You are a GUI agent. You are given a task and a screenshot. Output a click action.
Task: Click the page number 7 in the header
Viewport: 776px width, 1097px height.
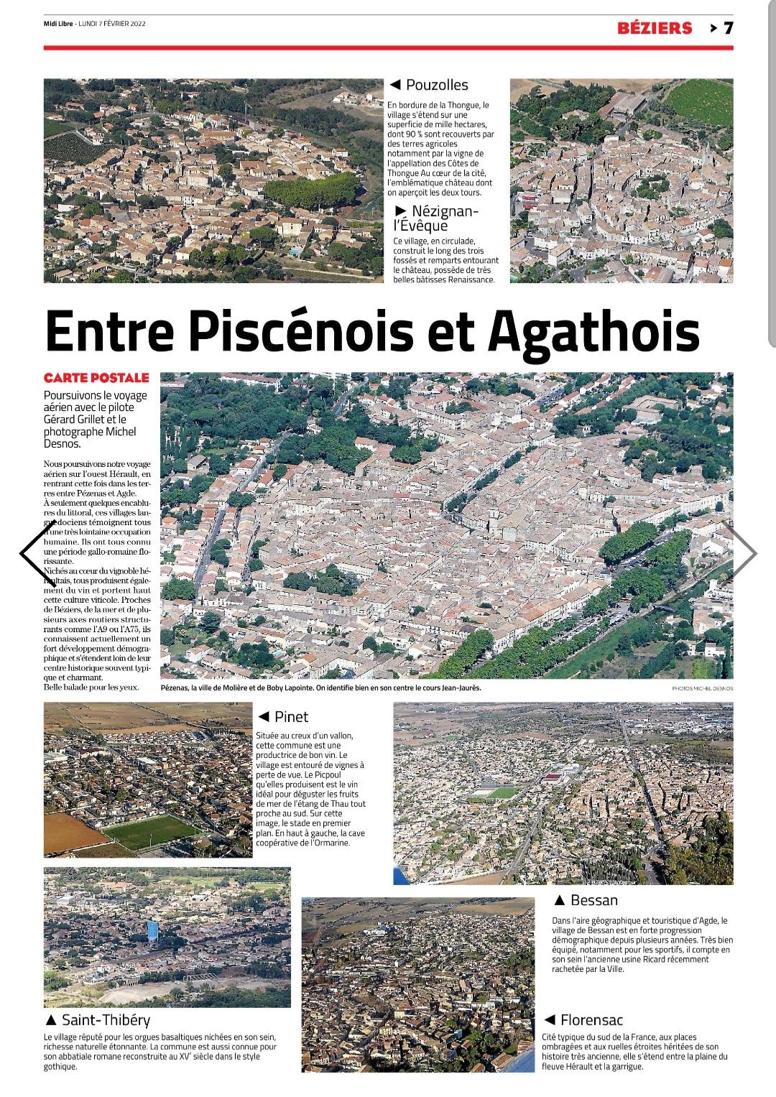pyautogui.click(x=727, y=28)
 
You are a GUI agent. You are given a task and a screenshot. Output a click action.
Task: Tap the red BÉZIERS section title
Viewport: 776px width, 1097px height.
pyautogui.click(x=655, y=28)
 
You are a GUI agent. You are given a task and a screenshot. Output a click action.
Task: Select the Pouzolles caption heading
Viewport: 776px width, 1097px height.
pyautogui.click(x=436, y=85)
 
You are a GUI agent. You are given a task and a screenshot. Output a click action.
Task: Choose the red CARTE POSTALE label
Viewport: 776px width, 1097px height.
pyautogui.click(x=96, y=378)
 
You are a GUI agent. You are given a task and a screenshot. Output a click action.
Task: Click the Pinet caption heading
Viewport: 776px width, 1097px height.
pyautogui.click(x=291, y=716)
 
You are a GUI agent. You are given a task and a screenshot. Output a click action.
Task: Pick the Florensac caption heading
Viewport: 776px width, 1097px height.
pyautogui.click(x=591, y=1019)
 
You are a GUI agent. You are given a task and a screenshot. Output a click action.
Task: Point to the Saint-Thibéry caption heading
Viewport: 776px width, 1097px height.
pyautogui.click(x=106, y=1019)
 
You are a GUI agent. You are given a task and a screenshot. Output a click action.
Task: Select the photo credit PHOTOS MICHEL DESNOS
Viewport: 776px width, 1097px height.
pyautogui.click(x=703, y=688)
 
